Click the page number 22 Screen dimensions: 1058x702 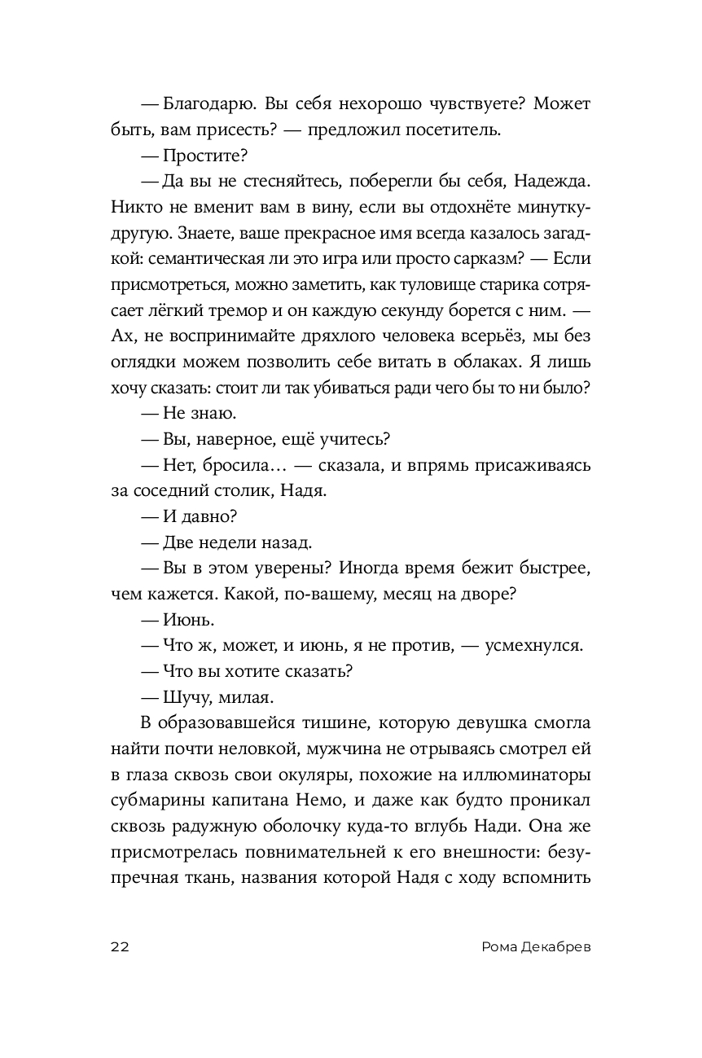pos(119,946)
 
